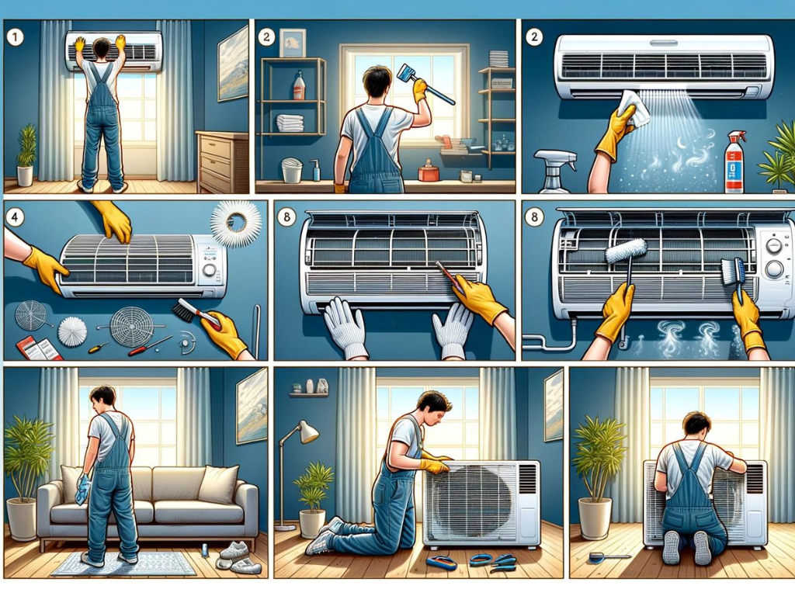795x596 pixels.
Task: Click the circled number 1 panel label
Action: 16,36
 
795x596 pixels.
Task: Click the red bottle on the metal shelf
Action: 299,85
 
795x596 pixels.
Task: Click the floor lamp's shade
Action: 307,432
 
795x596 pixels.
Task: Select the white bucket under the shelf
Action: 292,170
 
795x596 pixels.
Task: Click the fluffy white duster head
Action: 627,251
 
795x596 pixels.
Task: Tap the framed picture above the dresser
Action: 233,64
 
